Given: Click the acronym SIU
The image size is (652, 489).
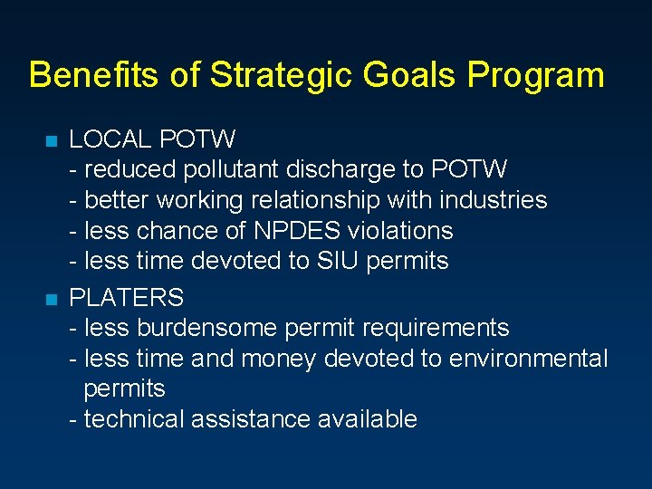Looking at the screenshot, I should click(x=336, y=261).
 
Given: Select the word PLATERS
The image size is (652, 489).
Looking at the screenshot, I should click(x=127, y=297).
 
